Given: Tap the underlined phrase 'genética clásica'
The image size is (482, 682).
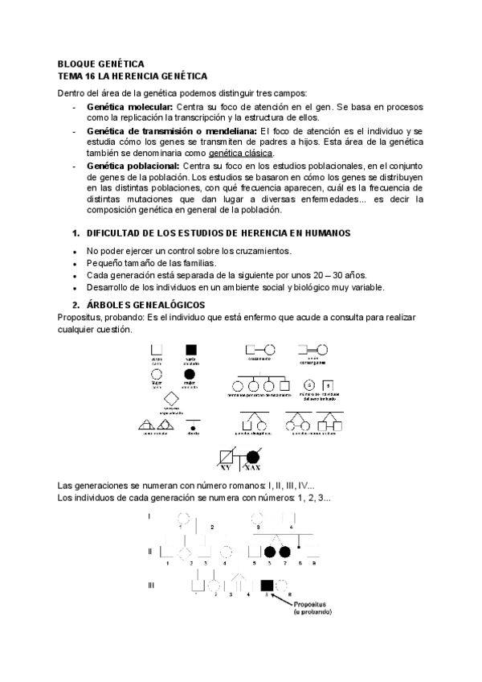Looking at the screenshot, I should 241,153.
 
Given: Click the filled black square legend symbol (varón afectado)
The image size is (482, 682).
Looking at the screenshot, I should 191,350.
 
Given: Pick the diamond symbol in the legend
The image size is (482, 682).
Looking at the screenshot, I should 170,399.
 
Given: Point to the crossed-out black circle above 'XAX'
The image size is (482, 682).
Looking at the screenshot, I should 253,456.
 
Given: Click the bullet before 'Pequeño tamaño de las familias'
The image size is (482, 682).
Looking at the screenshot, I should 75,263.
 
